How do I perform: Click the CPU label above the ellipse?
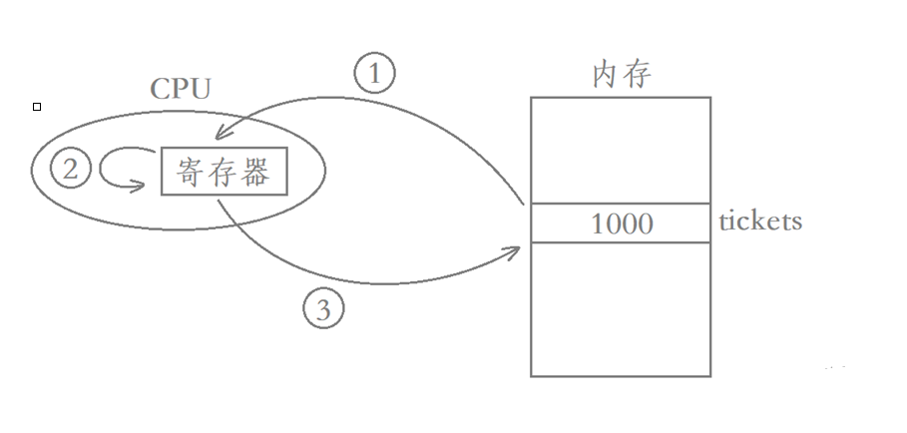(181, 88)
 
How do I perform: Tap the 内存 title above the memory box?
(622, 75)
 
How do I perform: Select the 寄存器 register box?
(224, 172)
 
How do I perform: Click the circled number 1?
(374, 74)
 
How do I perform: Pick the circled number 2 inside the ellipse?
(70, 170)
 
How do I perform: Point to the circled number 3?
(322, 310)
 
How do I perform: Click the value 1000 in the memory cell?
(622, 223)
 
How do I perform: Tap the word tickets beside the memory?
(760, 220)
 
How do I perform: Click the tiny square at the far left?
(37, 106)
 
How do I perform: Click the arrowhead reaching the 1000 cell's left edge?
(517, 249)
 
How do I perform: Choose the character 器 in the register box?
(255, 173)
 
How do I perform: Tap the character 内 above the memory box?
(607, 75)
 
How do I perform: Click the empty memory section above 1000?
(620, 150)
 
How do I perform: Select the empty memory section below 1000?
(620, 309)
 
